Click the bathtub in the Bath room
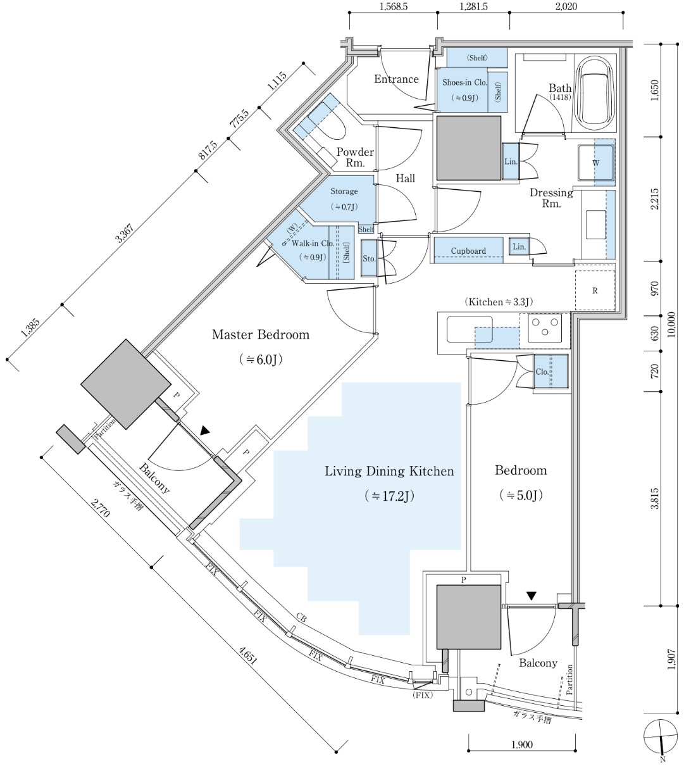pos(595,92)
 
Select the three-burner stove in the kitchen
pos(545,327)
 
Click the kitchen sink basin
pos(469,329)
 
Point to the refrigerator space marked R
pos(595,291)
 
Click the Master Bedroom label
pos(261,335)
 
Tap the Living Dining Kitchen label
pos(389,471)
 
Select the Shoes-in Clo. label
pos(464,82)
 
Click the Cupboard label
pos(468,251)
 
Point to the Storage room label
pos(344,191)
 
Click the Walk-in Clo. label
pos(313,244)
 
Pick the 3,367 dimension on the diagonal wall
pos(124,234)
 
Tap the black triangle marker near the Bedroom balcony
pos(532,596)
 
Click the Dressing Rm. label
pos(551,198)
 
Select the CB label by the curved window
pos(301,618)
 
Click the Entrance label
pos(397,79)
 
